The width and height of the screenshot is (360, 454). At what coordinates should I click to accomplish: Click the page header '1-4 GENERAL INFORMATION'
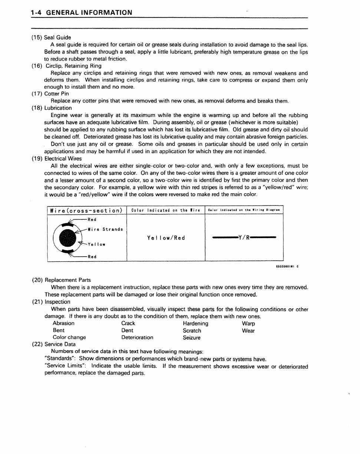[81, 13]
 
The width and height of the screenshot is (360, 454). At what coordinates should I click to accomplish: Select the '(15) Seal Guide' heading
[51, 37]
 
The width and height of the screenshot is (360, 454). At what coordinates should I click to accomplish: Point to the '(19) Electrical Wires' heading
[57, 159]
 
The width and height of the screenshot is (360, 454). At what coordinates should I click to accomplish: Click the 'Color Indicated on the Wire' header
[166, 210]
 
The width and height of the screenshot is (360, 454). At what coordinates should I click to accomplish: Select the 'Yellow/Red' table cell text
[166, 238]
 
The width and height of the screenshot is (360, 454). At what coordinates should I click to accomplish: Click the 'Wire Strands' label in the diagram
[105, 229]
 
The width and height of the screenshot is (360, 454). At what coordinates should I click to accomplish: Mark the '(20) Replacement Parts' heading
[61, 280]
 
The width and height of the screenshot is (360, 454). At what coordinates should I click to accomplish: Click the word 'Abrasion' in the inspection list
[63, 323]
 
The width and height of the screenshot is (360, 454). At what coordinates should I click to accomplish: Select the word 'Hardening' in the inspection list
[195, 323]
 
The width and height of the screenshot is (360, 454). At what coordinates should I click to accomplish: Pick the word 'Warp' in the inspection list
[248, 323]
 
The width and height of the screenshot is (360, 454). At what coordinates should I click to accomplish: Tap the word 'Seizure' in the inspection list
[191, 338]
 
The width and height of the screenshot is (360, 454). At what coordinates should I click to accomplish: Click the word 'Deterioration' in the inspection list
[137, 338]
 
